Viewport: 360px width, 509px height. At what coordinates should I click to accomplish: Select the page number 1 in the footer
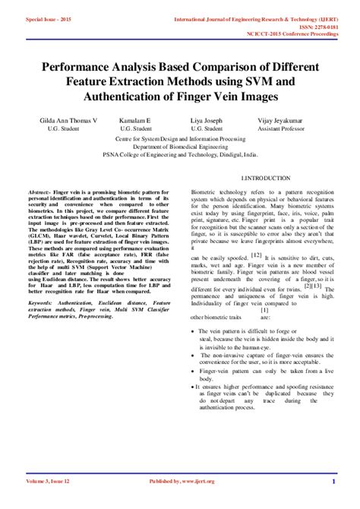(333, 481)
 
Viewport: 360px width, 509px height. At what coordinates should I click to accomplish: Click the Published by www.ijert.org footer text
(182, 481)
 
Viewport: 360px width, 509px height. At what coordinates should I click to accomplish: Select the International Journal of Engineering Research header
(255, 17)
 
